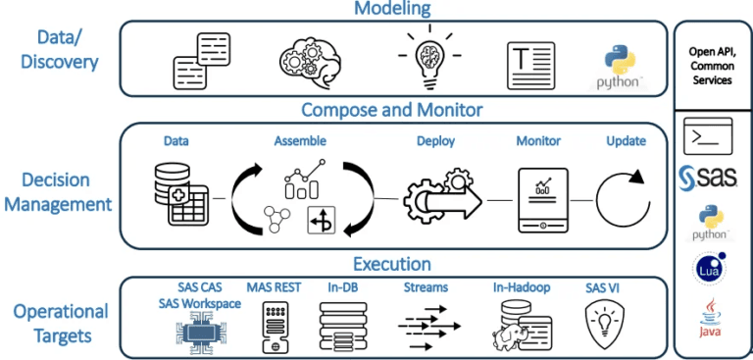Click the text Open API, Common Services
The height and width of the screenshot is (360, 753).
click(x=712, y=65)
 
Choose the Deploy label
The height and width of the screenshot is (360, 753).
click(x=435, y=141)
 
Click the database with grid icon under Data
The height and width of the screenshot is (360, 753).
click(x=178, y=194)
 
